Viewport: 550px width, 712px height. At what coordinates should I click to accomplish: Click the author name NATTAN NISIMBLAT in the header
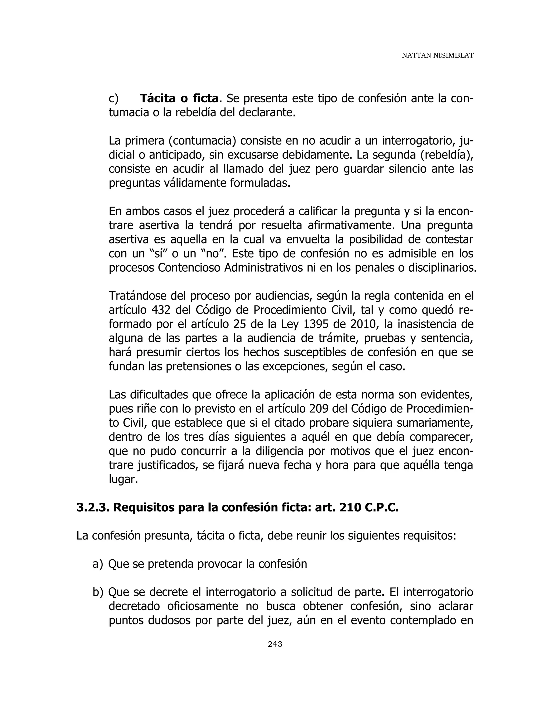437,55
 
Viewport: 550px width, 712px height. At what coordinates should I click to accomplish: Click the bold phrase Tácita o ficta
179,98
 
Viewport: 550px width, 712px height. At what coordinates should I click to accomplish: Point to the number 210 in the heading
349,508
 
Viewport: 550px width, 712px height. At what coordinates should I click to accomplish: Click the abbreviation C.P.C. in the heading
381,508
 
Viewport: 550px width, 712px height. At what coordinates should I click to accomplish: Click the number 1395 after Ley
315,324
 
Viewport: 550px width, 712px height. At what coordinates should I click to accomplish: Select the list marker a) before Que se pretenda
97,564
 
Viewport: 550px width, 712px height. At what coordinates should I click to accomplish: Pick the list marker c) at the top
113,98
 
